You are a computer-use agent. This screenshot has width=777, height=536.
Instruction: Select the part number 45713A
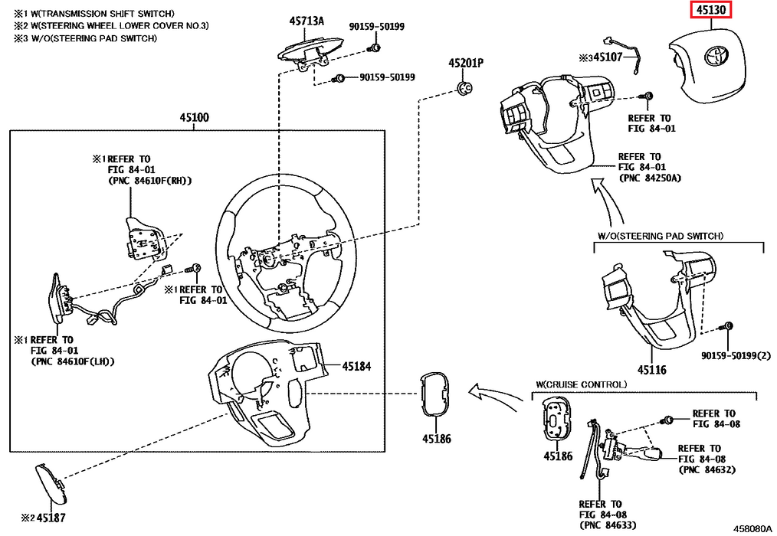coord(306,21)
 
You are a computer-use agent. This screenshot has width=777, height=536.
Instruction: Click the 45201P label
coord(467,63)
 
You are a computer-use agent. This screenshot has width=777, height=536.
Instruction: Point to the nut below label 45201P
coord(464,87)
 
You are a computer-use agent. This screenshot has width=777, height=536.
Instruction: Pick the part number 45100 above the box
coord(195,118)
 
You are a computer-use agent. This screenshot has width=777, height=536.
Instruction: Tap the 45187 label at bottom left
coord(50,517)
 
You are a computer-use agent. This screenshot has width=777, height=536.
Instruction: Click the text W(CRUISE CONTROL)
coord(581,384)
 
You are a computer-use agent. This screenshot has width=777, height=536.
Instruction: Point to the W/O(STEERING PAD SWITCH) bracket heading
coord(660,236)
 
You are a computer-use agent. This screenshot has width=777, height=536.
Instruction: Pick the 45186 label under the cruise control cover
coord(559,456)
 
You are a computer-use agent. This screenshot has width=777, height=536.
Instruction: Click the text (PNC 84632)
coord(706,469)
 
